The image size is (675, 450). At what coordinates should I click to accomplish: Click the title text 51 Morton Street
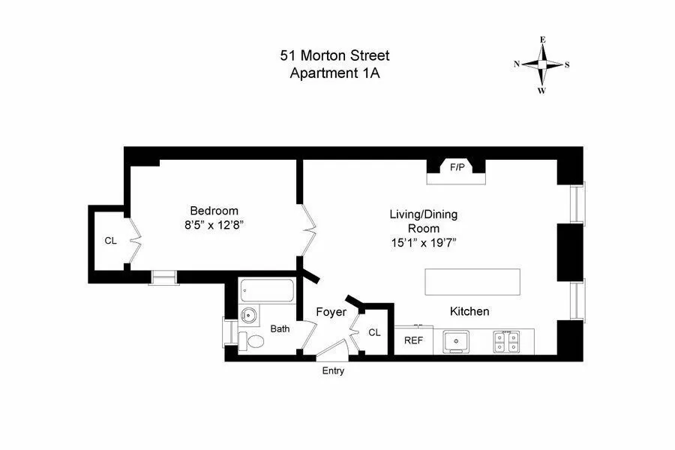pos(334,56)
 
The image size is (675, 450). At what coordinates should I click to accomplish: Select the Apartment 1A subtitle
pos(334,73)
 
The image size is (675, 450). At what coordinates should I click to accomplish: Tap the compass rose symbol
pos(541,64)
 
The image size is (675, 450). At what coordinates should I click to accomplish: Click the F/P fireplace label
pos(456,168)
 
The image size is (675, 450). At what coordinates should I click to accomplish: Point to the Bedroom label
pos(214,211)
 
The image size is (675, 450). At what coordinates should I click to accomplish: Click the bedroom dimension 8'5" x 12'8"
pos(214,224)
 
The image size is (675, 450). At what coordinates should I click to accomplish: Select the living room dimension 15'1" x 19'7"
pos(423,242)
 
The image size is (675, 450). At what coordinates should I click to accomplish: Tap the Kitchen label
pos(469,311)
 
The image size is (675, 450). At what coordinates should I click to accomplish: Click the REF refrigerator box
pos(413,340)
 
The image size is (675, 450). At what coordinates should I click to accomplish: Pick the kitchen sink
pos(456,342)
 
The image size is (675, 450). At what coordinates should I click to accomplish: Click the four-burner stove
pos(506,342)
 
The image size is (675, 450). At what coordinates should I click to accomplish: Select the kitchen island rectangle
pos(472,282)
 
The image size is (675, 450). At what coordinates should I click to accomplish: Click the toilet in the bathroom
pos(253,342)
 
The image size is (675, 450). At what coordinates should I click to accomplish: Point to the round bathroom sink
pos(248,316)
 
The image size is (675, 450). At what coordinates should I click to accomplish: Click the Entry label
pos(333,370)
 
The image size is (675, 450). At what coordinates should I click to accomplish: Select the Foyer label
pos(331,312)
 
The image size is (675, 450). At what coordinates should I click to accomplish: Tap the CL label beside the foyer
pos(374,332)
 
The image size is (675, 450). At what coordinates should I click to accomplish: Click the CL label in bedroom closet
pos(110,241)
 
